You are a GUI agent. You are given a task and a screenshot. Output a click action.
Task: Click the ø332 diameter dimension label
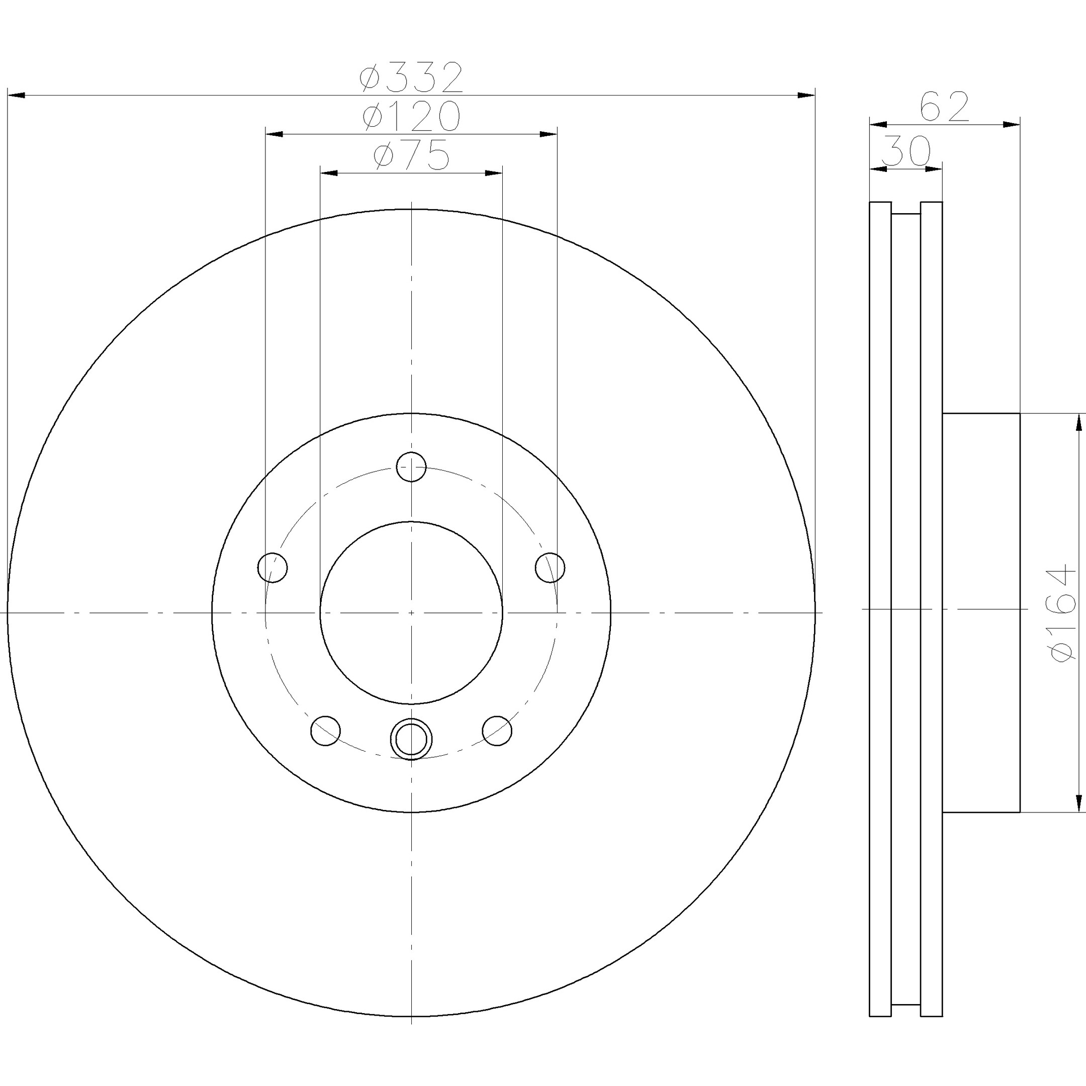coord(411,77)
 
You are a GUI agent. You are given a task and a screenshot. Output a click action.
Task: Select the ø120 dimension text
coord(411,116)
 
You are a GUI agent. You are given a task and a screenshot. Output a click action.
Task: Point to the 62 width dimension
coord(944,106)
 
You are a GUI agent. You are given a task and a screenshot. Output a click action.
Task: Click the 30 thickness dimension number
coord(906,151)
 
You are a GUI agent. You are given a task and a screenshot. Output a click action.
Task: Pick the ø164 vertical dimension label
coord(1061,614)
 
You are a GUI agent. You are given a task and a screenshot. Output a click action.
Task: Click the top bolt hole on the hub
coord(411,467)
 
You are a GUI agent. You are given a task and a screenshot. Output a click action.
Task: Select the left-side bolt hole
coord(272,567)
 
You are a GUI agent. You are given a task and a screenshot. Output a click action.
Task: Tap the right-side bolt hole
coord(550,567)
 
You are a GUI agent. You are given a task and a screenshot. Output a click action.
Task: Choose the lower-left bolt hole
coord(325,731)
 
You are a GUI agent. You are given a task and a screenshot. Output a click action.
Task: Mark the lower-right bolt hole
coord(497,731)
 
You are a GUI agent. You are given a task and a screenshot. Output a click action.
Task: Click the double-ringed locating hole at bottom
coord(411,739)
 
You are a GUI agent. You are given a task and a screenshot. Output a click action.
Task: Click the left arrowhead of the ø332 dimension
coord(16,95)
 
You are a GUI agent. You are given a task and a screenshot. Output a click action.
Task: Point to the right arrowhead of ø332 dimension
coord(806,95)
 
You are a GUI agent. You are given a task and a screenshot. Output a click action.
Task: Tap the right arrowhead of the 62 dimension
coord(1011,124)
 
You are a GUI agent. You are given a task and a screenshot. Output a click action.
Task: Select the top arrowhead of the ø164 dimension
coord(1078,422)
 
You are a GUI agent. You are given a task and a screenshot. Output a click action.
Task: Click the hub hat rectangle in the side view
coord(981,613)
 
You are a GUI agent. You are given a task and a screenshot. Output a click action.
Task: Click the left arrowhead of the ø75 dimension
coord(329,172)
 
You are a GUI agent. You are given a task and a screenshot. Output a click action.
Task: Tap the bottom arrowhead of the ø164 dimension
coord(1078,803)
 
